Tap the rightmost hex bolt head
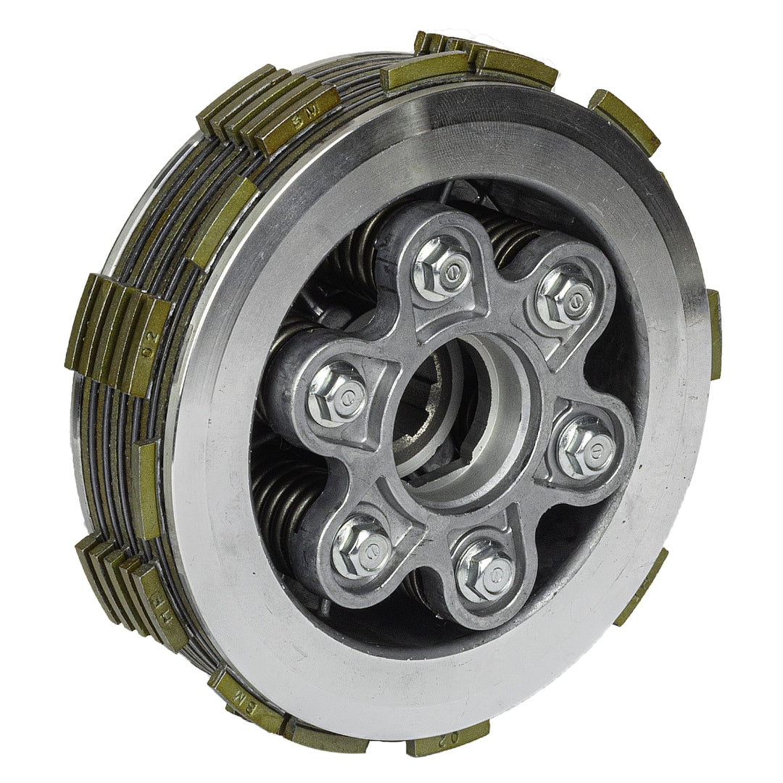[586, 445]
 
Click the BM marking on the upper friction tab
[297, 121]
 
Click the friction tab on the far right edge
[714, 333]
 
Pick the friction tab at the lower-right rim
[642, 587]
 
